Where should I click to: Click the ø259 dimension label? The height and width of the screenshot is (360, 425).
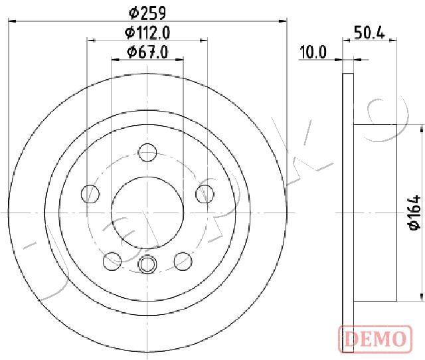147,13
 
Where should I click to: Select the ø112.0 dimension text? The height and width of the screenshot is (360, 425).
147,33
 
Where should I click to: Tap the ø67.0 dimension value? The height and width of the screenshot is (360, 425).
147,52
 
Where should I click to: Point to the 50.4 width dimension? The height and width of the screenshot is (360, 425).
369,33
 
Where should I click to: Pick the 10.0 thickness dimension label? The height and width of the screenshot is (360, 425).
312,52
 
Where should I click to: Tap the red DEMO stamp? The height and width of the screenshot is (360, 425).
375,339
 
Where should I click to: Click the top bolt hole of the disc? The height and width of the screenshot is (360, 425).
147,153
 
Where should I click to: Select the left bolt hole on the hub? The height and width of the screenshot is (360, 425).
90,194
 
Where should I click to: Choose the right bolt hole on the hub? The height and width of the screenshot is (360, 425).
205,194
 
